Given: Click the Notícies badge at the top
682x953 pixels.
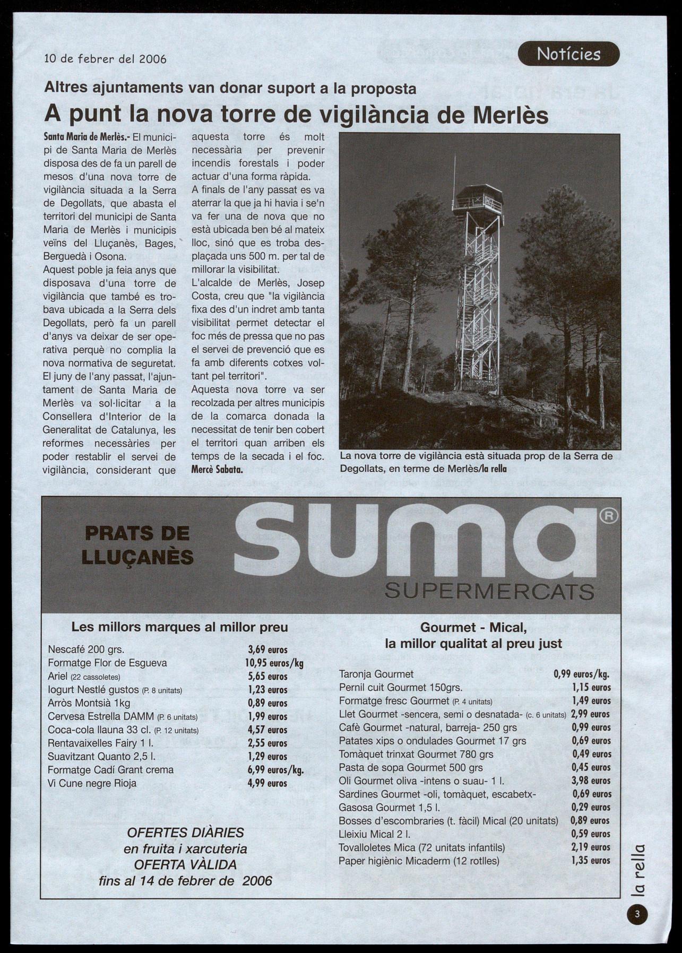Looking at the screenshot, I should [x=568, y=54].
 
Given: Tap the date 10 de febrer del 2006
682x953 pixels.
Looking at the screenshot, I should [x=105, y=59].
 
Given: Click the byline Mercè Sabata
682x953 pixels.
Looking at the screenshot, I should [x=217, y=470].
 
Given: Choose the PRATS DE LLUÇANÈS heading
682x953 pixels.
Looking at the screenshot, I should [x=137, y=545].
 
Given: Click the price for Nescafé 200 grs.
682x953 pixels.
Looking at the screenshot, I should [x=267, y=649].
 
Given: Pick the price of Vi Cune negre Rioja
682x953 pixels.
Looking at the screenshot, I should [x=267, y=783].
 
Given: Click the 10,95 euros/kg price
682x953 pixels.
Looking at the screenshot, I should [x=274, y=663].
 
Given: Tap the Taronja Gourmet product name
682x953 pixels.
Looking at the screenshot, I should [x=376, y=674].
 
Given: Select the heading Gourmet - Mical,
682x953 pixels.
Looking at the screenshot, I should [x=473, y=628].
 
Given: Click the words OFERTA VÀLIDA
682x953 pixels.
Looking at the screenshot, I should [x=185, y=864].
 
